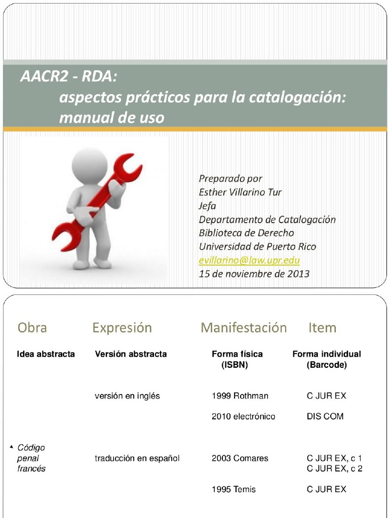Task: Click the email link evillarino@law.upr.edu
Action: point(249,261)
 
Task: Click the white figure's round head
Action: point(90,166)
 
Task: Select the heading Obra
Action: point(32,328)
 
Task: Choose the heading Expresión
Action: point(122,328)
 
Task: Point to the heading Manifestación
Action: point(243,328)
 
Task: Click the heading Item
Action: point(322,328)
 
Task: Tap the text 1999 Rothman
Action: point(240,396)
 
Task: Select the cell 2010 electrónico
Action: point(243,416)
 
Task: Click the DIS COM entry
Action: point(325,416)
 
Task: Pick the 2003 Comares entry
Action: point(240,458)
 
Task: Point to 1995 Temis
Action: point(234,489)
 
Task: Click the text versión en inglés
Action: point(127,396)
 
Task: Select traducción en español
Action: point(137,458)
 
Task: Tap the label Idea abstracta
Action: point(46,354)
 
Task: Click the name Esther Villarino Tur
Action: point(240,192)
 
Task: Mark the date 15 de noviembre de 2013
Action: point(254,274)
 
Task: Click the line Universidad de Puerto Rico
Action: point(257,247)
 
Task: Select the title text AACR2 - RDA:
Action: point(68,76)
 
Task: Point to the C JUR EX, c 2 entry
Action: point(334,468)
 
